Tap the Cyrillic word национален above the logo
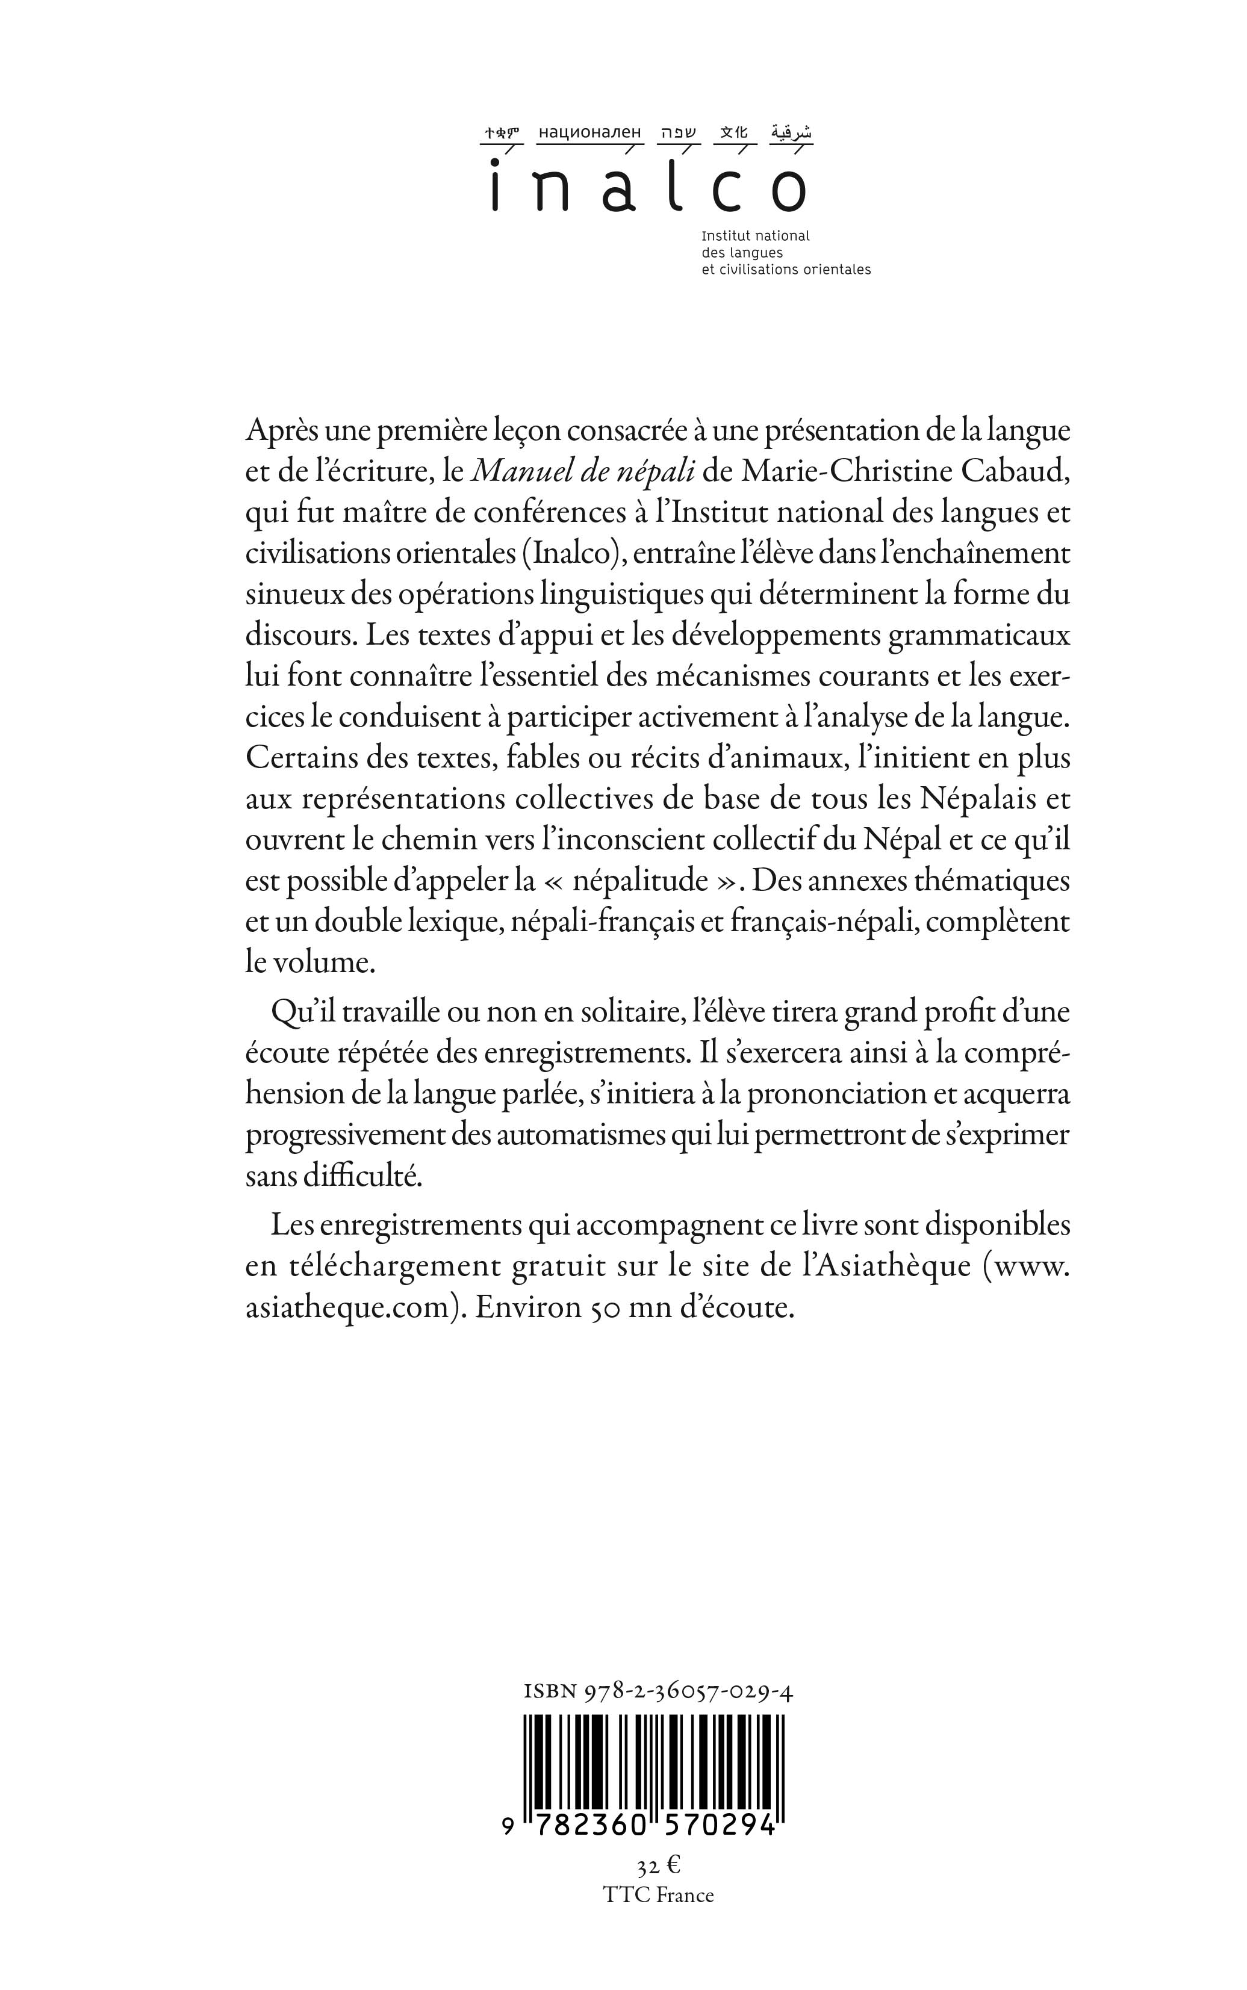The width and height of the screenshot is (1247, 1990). [589, 132]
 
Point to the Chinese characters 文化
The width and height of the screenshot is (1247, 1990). [733, 132]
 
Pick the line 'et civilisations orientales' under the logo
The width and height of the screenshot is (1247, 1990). [785, 270]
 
